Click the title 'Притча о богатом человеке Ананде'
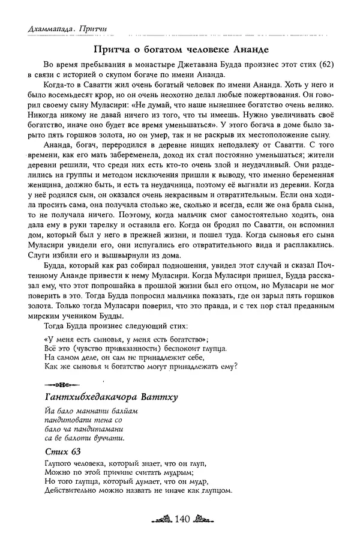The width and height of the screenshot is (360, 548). (x=179, y=49)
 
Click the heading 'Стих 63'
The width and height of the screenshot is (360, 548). (x=62, y=451)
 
